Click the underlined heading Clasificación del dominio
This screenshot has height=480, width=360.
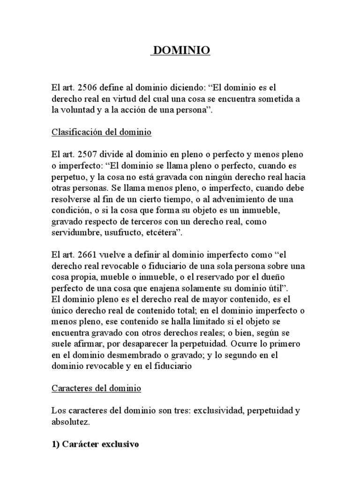coord(101,133)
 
